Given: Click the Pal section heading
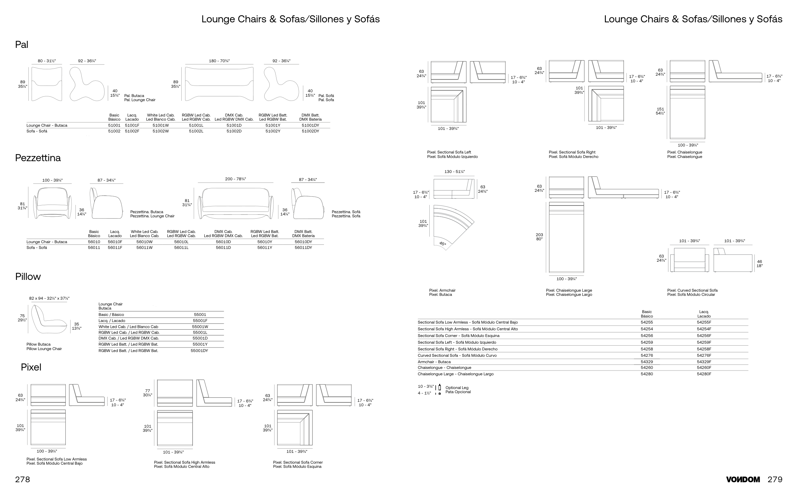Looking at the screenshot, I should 22,44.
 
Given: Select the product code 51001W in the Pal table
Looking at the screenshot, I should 161,125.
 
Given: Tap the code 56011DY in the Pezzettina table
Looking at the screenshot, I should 303,248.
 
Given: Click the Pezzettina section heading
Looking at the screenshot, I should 38,158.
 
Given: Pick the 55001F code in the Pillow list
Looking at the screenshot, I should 200,321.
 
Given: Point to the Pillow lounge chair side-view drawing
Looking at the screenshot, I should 49,319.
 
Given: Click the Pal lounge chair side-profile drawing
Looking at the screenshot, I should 86,84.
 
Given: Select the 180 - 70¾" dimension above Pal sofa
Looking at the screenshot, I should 219,61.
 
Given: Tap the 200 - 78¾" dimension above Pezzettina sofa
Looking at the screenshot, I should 235,179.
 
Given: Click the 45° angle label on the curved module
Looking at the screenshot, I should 442,244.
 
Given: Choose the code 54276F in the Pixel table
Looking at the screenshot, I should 704,356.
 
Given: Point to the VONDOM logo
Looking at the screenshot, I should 743,480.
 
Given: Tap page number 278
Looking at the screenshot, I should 23,480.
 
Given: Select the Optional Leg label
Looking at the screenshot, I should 457,388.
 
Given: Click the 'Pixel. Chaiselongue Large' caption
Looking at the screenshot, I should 569,290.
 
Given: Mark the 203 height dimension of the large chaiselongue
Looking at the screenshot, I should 539,235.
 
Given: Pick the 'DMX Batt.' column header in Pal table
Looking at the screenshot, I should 310,115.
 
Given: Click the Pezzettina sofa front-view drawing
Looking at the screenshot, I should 236,203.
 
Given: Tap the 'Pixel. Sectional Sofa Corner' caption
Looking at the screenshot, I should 298,462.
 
